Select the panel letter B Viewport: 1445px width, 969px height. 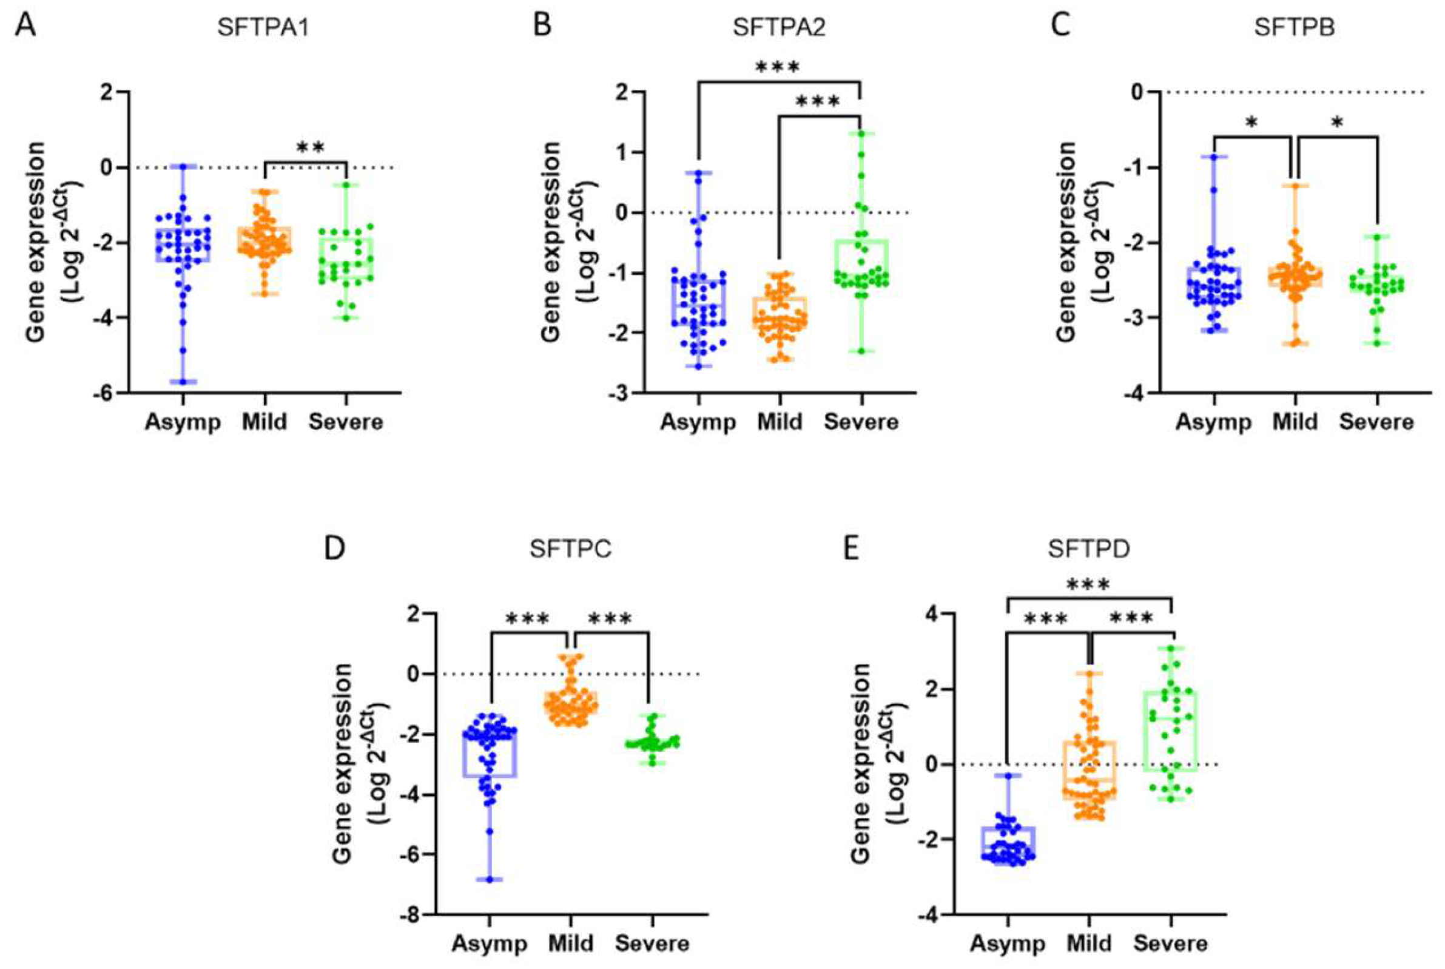pos(542,27)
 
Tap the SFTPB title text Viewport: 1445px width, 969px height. pos(1295,29)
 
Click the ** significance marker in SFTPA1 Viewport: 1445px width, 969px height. pos(310,147)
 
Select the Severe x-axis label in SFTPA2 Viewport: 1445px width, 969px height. pos(861,422)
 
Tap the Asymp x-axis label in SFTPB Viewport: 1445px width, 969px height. pos(1213,422)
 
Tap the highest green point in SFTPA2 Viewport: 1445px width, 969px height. pos(861,133)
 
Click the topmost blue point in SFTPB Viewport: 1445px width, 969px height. pos(1213,157)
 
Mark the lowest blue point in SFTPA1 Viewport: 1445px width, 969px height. pos(183,381)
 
